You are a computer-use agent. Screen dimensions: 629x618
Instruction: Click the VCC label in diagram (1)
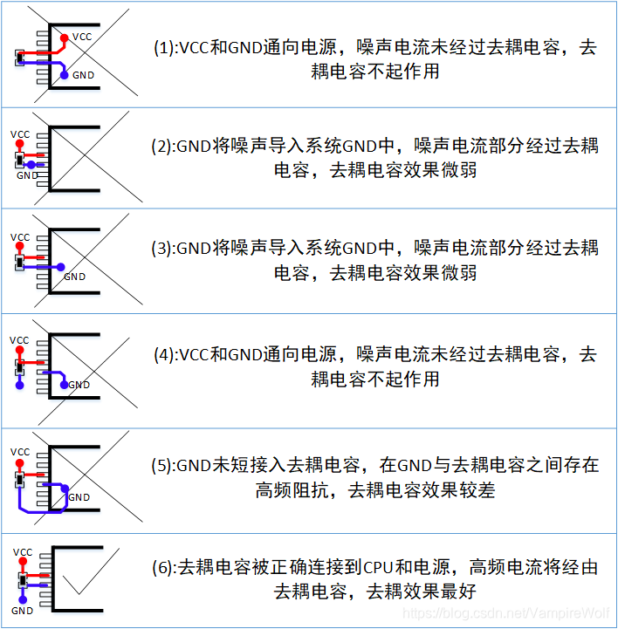(82, 37)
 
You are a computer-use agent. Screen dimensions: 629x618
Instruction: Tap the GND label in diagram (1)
(84, 76)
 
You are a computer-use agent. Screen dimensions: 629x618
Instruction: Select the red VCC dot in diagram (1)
(65, 38)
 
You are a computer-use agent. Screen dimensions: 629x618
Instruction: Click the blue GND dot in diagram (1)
(65, 76)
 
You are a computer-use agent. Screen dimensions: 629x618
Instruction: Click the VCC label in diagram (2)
(20, 134)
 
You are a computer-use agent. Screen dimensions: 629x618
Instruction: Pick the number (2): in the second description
(164, 147)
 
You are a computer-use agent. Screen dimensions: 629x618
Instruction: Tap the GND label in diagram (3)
(75, 277)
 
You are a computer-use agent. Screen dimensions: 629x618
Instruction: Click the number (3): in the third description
(164, 249)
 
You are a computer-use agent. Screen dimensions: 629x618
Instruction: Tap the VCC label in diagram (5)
(20, 452)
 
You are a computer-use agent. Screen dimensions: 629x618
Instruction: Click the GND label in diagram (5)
(79, 497)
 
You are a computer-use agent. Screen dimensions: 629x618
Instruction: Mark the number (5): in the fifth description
(164, 466)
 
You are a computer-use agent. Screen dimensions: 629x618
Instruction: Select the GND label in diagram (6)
(22, 611)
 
